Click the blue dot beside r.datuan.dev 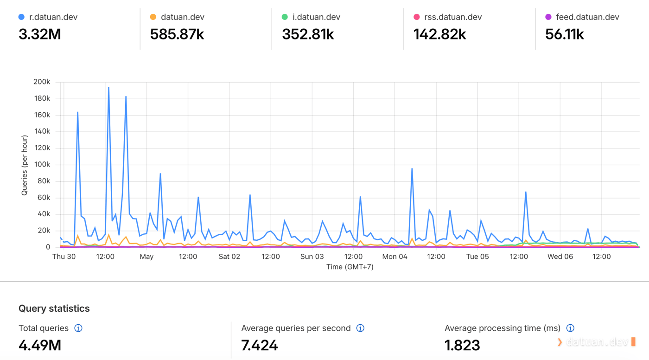click(x=21, y=17)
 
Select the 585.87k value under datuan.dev click(x=177, y=34)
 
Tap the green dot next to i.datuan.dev click(x=285, y=17)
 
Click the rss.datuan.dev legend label click(x=453, y=17)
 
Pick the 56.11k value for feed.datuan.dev click(x=565, y=34)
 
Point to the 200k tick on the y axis click(x=42, y=82)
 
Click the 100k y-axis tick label click(x=42, y=164)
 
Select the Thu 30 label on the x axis click(x=64, y=257)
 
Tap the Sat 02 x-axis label click(x=229, y=257)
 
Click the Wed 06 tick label click(x=560, y=257)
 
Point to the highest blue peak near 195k click(x=108, y=87)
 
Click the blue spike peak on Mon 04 click(x=412, y=169)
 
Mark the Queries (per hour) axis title click(x=25, y=165)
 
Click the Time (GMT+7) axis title click(x=350, y=267)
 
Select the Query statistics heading click(x=54, y=309)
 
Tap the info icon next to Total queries click(x=78, y=328)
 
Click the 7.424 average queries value click(x=259, y=345)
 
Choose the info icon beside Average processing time click(x=570, y=328)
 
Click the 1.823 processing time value click(x=462, y=345)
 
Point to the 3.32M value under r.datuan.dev click(x=40, y=34)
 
